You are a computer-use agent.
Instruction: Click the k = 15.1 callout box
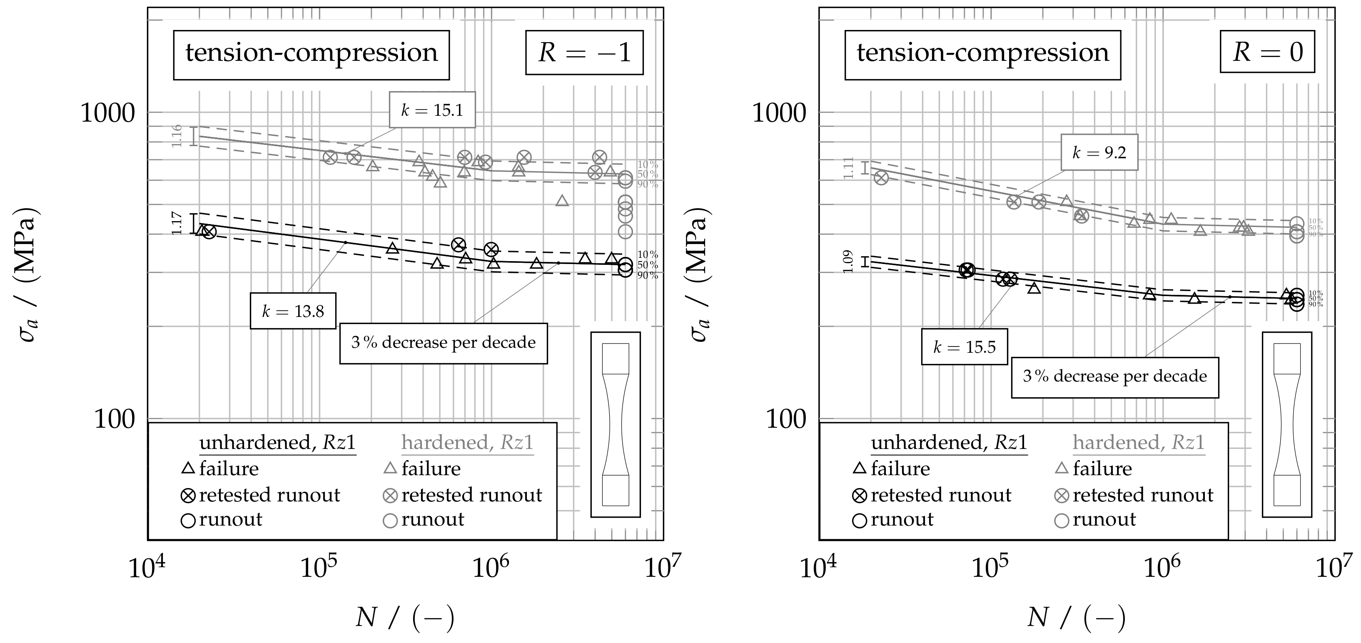432,110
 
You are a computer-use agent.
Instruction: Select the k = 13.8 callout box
293,311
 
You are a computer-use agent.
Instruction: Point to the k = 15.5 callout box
964,347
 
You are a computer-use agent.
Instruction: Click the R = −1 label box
584,52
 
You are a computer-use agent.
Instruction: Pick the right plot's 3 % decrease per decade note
1115,377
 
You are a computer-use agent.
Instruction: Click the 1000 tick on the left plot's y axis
108,112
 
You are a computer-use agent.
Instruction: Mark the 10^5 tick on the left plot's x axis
319,569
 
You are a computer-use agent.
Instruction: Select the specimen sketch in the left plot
616,424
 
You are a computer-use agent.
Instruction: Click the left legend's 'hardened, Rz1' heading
467,443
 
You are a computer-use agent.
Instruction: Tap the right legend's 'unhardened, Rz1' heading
949,443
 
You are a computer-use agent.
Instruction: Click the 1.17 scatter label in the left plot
177,224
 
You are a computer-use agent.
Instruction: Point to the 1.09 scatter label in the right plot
848,262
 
